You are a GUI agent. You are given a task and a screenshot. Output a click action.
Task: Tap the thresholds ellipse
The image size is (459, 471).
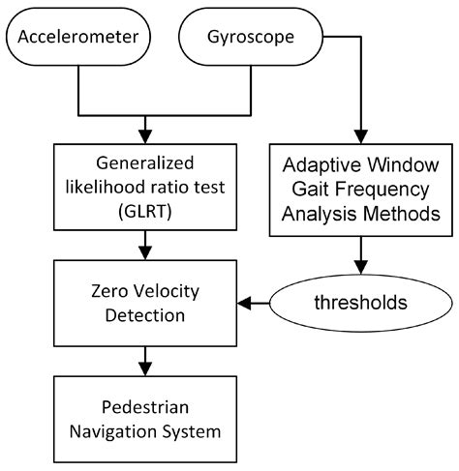(x=358, y=304)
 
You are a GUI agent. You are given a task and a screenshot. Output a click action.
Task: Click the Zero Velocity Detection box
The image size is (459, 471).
(x=145, y=304)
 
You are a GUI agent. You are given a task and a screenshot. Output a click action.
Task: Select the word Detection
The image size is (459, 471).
(x=145, y=316)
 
